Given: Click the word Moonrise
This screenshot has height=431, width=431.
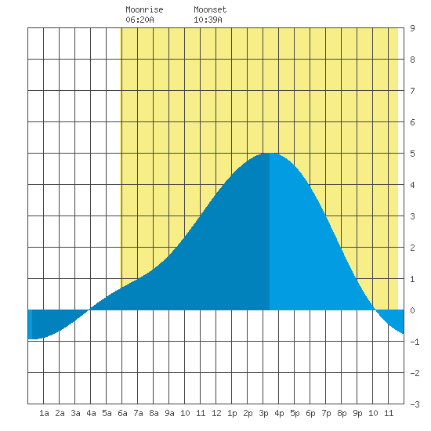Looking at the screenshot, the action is tap(144, 9).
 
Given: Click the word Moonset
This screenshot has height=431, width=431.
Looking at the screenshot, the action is tap(210, 9).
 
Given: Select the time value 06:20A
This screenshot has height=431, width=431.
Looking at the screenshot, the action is tap(139, 20).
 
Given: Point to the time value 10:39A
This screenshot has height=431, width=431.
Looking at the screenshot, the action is tap(208, 20).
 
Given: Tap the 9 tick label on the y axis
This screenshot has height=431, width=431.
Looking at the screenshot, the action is tap(412, 28).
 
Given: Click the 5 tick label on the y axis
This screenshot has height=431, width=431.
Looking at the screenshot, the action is tap(412, 154).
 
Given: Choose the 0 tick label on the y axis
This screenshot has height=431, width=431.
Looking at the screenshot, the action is tap(412, 310).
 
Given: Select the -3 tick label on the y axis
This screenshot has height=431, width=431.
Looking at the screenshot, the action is tap(415, 404).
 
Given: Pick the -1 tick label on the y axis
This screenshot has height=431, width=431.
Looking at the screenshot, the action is tap(415, 342).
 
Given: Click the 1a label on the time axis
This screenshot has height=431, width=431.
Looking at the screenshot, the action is tap(44, 413).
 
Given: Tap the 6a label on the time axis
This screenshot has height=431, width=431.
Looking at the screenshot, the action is tap(122, 413).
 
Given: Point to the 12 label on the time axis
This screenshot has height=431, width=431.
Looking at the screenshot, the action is tap(216, 413).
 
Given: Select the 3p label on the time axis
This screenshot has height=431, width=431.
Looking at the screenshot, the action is tap(263, 413).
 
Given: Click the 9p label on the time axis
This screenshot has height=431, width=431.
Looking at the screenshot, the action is tap(357, 413).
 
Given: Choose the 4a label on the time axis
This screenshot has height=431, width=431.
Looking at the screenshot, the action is tap(91, 413).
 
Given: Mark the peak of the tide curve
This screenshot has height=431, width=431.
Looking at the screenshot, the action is tap(270, 153).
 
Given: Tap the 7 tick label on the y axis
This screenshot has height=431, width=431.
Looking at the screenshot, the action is tap(412, 91).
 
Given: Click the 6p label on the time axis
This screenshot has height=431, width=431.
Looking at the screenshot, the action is tap(310, 413).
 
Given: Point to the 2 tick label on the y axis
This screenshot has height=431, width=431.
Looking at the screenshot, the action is tap(412, 248).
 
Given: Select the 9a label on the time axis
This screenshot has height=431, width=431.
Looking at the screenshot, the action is tap(169, 413).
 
